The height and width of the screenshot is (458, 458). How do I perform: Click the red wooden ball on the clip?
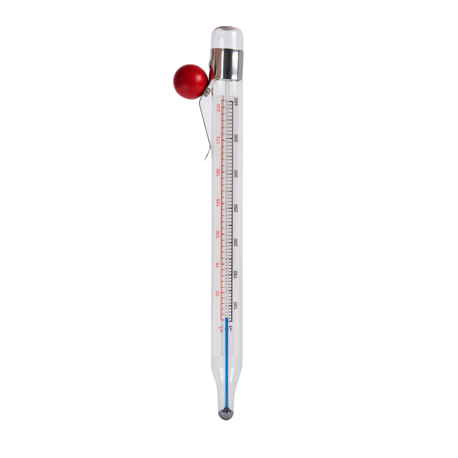(x=191, y=82)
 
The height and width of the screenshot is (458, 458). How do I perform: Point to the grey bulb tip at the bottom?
(x=226, y=414)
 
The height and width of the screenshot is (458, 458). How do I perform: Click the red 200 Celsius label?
(x=218, y=108)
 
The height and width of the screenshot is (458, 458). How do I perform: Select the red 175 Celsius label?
(x=218, y=140)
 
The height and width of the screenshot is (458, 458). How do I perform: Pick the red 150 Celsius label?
(x=218, y=172)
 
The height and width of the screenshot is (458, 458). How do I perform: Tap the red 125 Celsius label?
(x=218, y=203)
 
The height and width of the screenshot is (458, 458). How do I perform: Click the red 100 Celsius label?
(x=218, y=234)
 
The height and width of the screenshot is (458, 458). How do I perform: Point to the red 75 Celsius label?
(x=218, y=265)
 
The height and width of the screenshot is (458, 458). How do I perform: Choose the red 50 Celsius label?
(x=218, y=293)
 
